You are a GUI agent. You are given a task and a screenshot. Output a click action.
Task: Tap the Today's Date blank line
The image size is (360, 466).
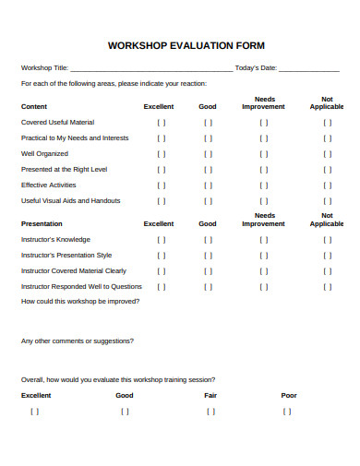(x=308, y=69)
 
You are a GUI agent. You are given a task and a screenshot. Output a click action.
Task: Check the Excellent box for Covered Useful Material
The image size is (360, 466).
(x=162, y=122)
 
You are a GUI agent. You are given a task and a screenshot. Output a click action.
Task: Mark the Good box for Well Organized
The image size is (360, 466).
(x=209, y=153)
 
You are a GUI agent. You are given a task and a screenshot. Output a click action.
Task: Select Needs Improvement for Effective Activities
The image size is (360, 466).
(x=264, y=185)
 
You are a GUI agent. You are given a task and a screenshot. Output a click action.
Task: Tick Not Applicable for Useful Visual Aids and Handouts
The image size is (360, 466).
(x=327, y=200)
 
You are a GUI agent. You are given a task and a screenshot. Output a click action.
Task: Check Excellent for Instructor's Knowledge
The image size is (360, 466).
(x=162, y=239)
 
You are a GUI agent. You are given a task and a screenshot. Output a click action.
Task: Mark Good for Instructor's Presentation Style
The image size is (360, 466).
(x=209, y=255)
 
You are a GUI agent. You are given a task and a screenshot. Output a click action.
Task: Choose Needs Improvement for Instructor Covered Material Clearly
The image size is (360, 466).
(x=264, y=270)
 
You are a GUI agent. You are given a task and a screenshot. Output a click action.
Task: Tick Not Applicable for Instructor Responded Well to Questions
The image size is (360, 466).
(x=327, y=286)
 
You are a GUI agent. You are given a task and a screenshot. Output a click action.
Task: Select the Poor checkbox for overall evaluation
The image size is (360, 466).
(x=288, y=412)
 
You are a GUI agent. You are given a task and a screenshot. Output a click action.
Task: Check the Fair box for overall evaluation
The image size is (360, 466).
(x=210, y=412)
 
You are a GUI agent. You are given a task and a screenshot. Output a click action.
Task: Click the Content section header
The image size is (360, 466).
(x=34, y=106)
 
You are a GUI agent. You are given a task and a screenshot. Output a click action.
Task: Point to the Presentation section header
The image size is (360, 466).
(x=42, y=223)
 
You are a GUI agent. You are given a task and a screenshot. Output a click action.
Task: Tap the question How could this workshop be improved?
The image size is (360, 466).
(x=81, y=301)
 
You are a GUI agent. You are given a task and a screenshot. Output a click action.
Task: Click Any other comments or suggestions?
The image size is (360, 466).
(x=77, y=341)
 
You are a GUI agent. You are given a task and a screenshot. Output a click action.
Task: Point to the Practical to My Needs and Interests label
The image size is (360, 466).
(x=75, y=137)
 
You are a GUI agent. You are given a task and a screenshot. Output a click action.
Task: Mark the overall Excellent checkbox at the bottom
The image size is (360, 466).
(x=35, y=412)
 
